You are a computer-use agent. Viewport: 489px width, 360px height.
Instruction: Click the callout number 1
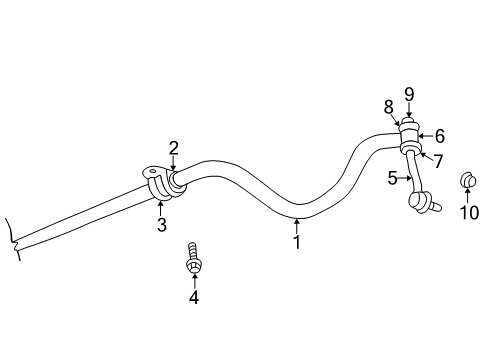[296, 241]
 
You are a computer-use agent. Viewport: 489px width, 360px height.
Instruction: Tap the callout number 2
[173, 148]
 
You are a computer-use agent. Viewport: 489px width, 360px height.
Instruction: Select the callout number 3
[161, 224]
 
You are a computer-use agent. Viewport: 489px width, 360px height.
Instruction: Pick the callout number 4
[194, 296]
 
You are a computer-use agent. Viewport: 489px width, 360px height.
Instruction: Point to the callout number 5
[393, 178]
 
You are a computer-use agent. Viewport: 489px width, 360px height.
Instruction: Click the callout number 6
[439, 137]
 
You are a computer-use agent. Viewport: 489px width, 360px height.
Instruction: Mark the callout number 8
[388, 106]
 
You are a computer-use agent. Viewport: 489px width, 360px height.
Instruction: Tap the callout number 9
[409, 95]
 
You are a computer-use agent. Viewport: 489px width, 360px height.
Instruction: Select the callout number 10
[469, 212]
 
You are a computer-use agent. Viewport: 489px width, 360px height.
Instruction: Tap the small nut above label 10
[466, 181]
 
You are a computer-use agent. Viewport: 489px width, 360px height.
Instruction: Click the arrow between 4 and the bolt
[194, 279]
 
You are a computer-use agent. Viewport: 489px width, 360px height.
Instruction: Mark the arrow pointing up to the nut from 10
[468, 195]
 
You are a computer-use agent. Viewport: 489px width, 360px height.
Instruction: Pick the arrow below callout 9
[409, 111]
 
